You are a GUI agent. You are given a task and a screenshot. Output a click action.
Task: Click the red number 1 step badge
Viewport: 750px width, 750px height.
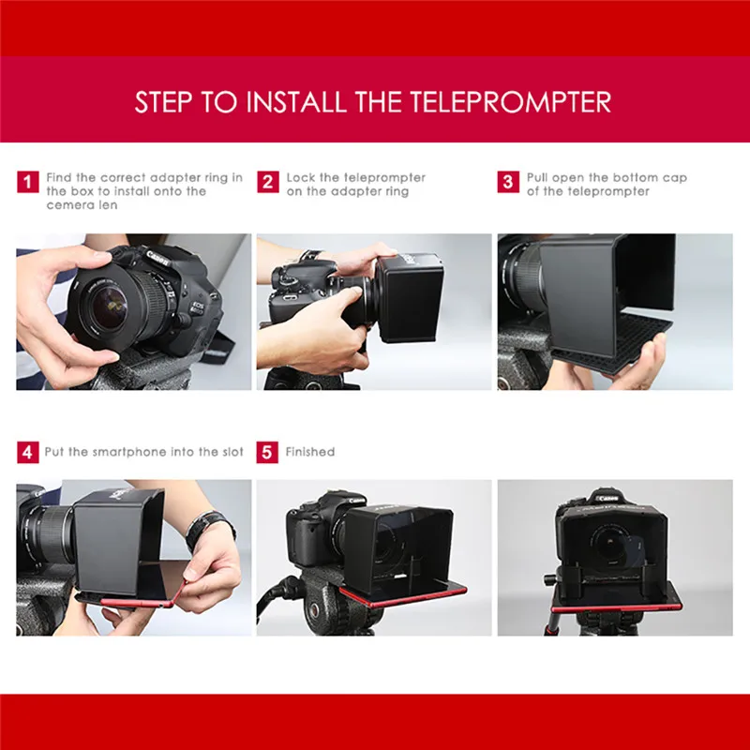click(x=28, y=182)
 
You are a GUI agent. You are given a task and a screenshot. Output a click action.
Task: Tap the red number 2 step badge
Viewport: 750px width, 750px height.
click(x=268, y=182)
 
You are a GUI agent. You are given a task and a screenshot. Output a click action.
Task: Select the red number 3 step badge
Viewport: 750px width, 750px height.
click(x=508, y=182)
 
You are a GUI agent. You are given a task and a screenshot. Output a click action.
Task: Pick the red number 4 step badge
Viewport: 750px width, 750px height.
click(x=28, y=452)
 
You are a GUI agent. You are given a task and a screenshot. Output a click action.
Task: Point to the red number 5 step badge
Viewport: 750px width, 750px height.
click(x=267, y=452)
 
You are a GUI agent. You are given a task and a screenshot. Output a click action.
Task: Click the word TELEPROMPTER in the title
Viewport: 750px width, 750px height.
click(x=510, y=101)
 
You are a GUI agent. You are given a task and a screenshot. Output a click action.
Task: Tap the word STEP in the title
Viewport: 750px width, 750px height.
click(x=164, y=101)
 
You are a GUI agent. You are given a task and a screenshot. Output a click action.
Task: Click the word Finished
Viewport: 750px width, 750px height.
click(x=310, y=452)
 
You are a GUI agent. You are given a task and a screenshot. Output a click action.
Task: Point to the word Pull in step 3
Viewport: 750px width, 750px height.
click(x=537, y=177)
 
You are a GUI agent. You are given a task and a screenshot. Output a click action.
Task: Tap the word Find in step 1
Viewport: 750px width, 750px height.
click(x=59, y=177)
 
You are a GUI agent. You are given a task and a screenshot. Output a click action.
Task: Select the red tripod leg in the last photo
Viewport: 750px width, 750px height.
click(x=552, y=624)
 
